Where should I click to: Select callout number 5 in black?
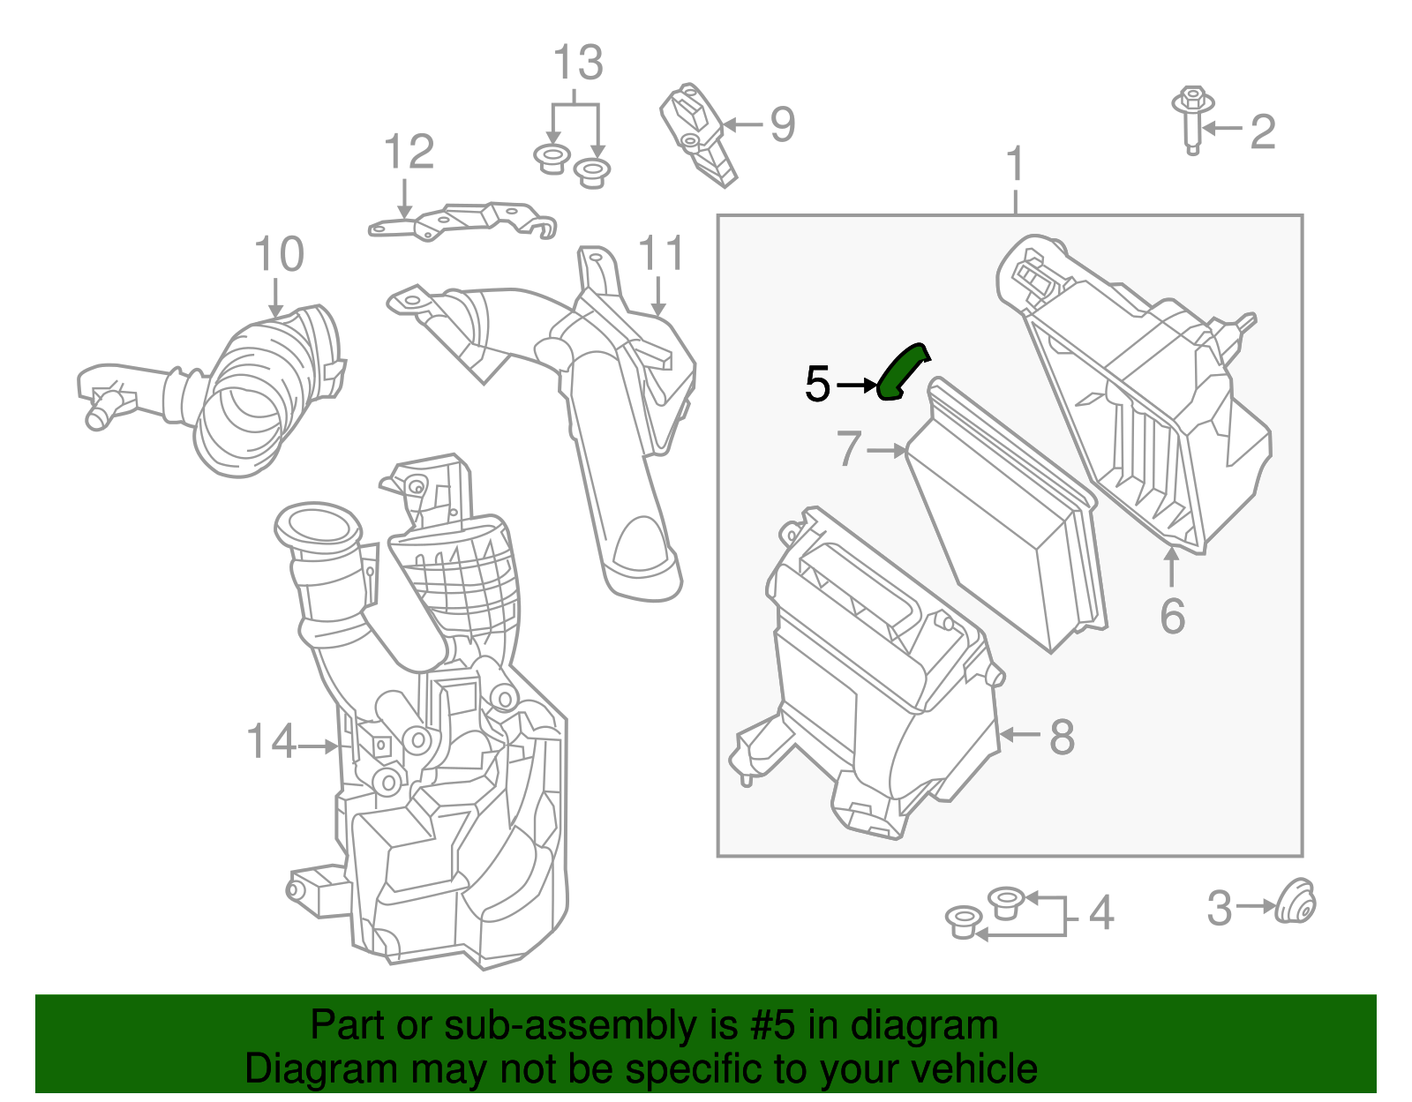[x=817, y=385]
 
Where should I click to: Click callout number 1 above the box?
[x=1016, y=164]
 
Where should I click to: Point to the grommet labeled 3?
[x=1296, y=903]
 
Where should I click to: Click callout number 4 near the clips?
[x=1100, y=912]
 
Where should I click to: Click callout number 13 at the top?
[x=578, y=64]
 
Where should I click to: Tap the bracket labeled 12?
[x=459, y=221]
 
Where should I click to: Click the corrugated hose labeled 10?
[x=256, y=388]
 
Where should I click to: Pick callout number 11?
[x=661, y=254]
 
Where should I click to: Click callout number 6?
[x=1172, y=615]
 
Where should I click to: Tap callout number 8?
[x=1062, y=736]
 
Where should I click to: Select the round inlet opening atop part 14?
[x=318, y=527]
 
